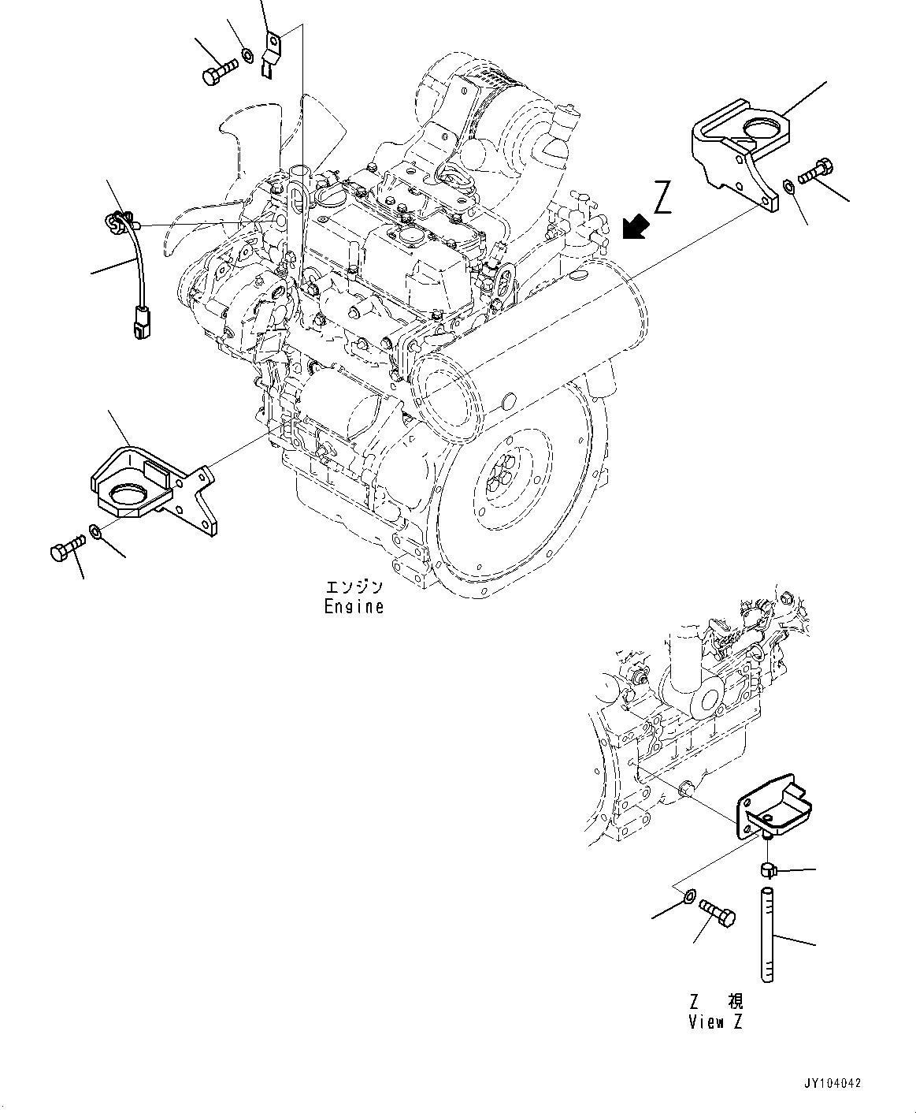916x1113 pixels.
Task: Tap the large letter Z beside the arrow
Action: pyautogui.click(x=663, y=197)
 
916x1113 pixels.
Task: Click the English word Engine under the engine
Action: pyautogui.click(x=354, y=607)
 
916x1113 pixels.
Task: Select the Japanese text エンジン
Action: pyautogui.click(x=354, y=587)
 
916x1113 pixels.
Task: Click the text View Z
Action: pyautogui.click(x=715, y=1022)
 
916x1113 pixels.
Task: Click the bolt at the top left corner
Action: pyautogui.click(x=218, y=73)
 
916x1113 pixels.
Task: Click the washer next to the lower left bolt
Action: pyautogui.click(x=95, y=534)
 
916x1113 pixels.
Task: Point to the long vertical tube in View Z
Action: pyautogui.click(x=768, y=934)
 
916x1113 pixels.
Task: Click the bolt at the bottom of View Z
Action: pyautogui.click(x=718, y=914)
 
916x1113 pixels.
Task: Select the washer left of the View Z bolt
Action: pyautogui.click(x=688, y=896)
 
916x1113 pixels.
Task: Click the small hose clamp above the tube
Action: pyautogui.click(x=768, y=869)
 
